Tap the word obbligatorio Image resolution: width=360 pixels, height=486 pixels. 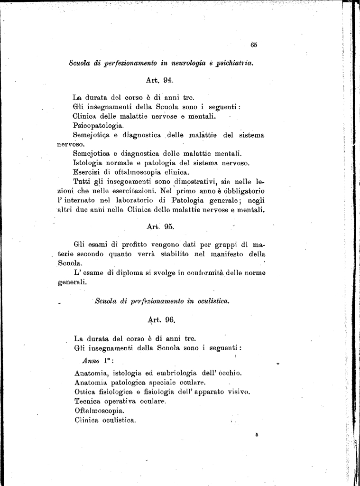pyautogui.click(x=244, y=191)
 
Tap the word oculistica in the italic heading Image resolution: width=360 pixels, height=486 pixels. pyautogui.click(x=210, y=301)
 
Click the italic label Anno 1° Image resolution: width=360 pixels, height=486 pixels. pyautogui.click(x=95, y=361)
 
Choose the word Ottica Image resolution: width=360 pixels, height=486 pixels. pyautogui.click(x=86, y=392)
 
